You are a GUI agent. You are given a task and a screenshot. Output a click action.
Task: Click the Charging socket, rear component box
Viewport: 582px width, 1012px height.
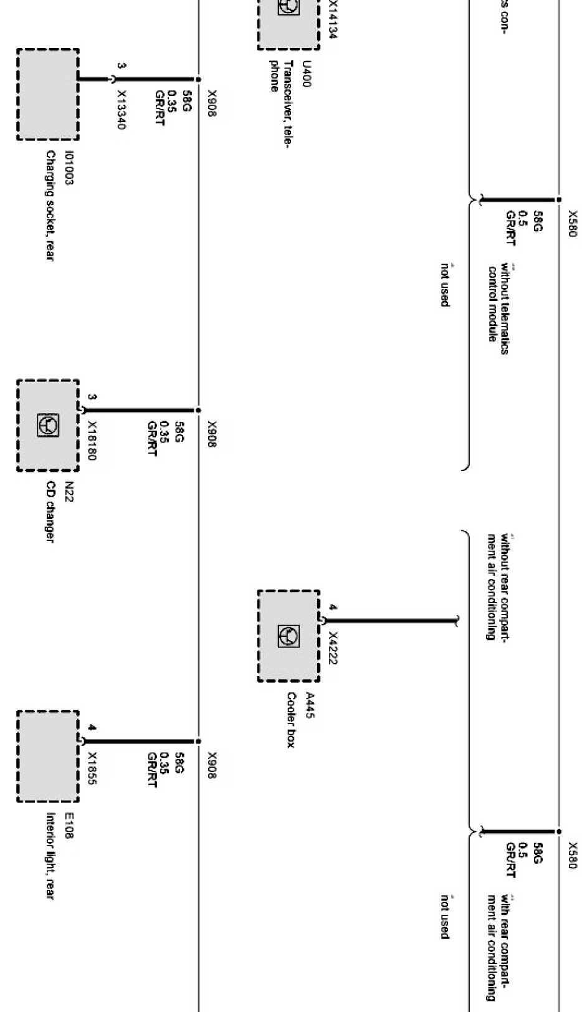(48, 95)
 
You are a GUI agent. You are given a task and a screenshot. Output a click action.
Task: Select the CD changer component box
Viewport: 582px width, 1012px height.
(48, 426)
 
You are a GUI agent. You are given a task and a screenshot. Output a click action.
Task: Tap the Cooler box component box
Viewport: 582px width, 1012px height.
(289, 636)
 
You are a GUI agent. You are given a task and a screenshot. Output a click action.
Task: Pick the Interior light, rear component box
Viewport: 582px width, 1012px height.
(48, 757)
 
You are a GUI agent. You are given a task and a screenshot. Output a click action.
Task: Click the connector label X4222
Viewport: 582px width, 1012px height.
(332, 648)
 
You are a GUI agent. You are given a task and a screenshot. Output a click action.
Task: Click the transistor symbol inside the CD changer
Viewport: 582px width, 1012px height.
(48, 425)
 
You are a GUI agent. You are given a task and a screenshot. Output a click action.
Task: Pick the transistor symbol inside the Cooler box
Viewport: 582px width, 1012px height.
(289, 636)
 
